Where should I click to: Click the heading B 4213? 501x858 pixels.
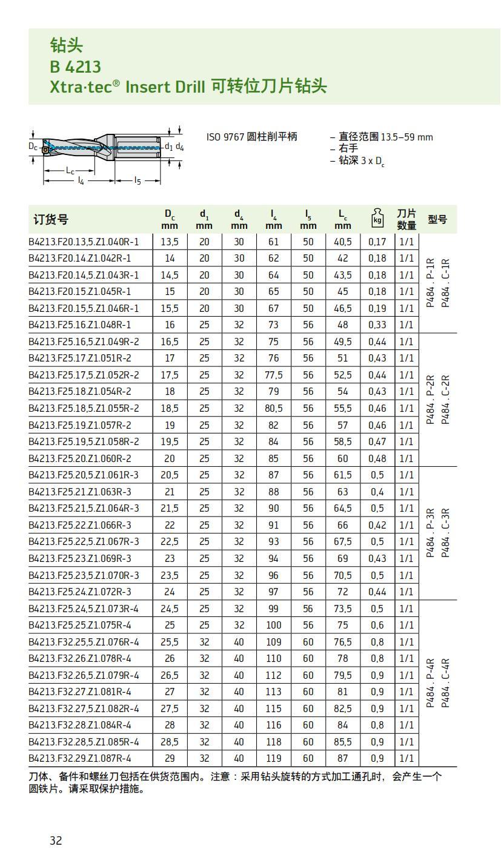coord(75,66)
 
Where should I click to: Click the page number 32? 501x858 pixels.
coord(56,840)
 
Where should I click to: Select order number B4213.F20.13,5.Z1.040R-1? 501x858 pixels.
coord(84,242)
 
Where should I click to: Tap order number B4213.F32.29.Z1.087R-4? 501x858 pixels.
coord(80,757)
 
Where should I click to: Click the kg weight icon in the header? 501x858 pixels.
coord(377,219)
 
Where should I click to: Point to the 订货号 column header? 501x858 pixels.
coord(51,219)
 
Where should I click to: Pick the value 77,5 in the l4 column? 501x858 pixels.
coord(274,375)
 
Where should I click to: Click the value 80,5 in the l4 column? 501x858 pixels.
coord(274,408)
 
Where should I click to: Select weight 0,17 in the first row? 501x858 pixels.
coord(377,242)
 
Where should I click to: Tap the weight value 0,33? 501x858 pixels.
coord(377,325)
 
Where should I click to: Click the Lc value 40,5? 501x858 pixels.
coord(343,242)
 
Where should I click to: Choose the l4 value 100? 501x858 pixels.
coord(274,624)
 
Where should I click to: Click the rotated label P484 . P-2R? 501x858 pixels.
coord(431,400)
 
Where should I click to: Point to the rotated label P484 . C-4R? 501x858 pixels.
coord(445,683)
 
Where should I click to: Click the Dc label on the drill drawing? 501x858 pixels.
coord(33,146)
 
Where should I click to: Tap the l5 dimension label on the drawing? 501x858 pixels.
coord(138,180)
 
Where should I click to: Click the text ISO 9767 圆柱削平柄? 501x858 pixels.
coord(252,137)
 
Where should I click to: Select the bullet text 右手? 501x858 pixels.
coord(348,148)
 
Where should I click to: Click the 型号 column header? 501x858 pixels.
coord(437,219)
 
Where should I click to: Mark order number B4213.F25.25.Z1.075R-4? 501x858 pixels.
coord(80,624)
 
